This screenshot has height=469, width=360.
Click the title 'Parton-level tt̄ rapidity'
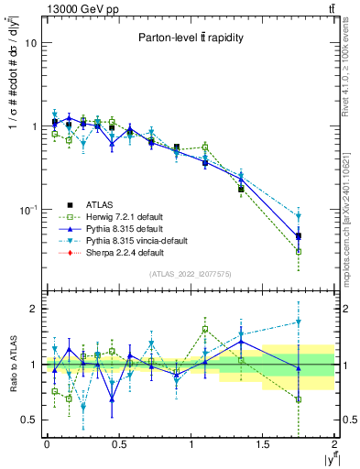coord(190,38)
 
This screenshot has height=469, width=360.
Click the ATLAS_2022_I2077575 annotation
coord(190,274)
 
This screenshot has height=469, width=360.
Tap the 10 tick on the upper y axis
coord(31,43)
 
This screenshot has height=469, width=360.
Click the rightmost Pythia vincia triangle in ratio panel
coord(299,322)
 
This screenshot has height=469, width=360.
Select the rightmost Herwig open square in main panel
coord(299,251)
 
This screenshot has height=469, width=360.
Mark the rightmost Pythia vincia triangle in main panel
coord(299,216)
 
